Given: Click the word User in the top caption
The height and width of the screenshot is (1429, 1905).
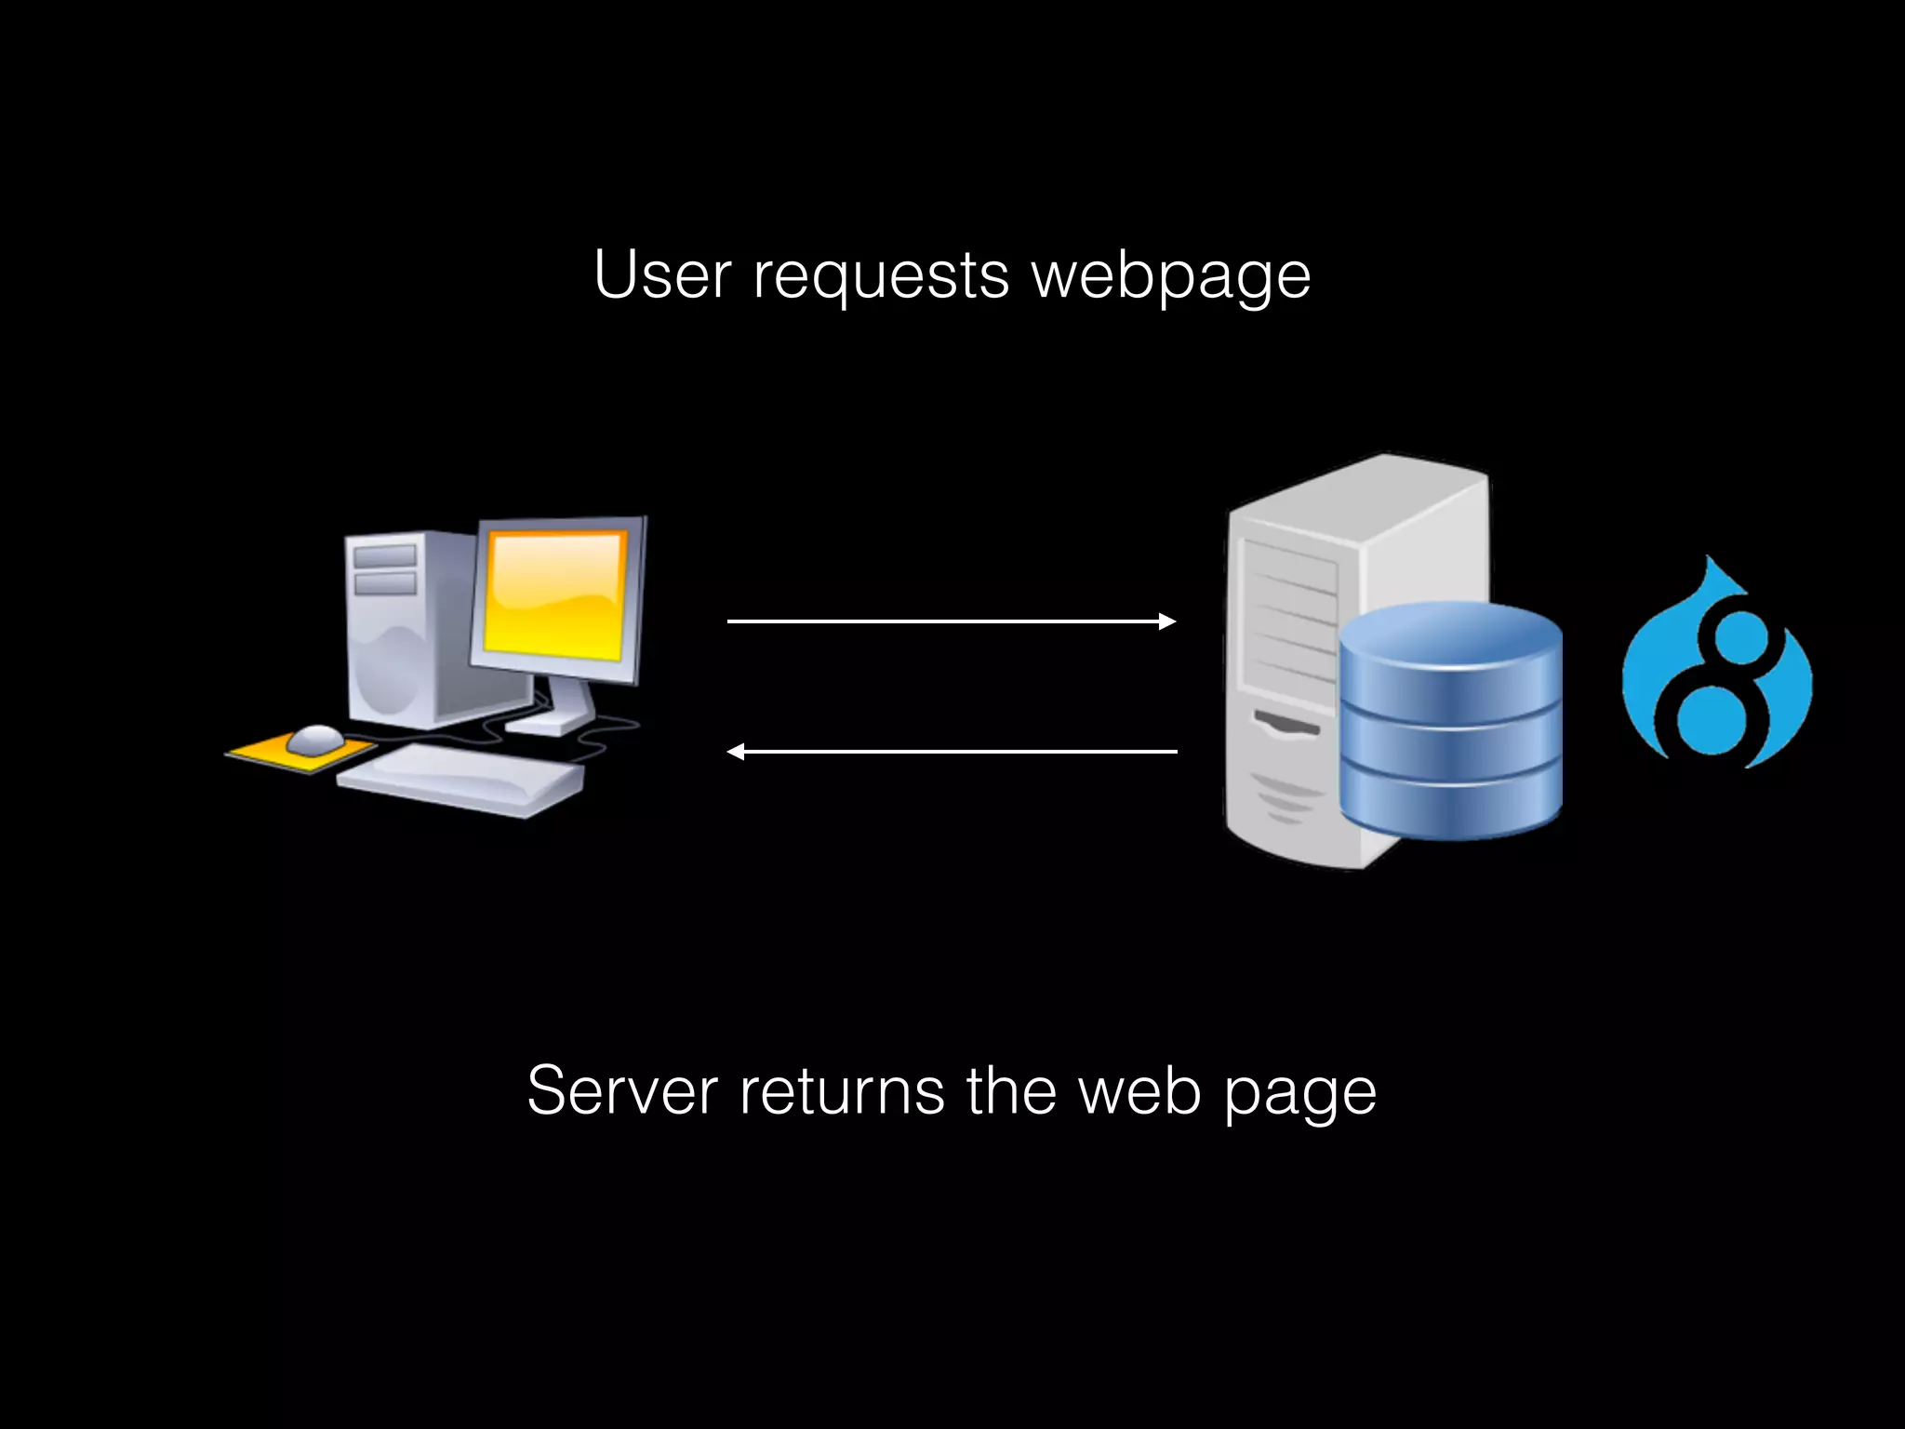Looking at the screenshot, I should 661,275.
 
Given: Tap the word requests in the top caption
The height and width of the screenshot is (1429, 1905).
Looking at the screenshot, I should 880,277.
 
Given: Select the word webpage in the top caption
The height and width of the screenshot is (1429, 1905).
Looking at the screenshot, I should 1171,277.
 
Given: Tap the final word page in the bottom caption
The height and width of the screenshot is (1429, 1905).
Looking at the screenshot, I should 1299,1094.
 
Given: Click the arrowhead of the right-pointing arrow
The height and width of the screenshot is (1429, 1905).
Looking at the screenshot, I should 1167,621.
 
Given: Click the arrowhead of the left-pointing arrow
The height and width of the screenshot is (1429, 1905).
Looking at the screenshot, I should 736,752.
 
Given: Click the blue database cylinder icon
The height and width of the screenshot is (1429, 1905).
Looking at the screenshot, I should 1450,726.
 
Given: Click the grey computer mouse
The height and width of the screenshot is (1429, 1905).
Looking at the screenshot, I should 314,740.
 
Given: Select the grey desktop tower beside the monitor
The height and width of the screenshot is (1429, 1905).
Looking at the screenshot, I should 400,633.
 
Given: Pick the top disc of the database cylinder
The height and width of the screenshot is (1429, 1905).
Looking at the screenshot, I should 1450,633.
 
